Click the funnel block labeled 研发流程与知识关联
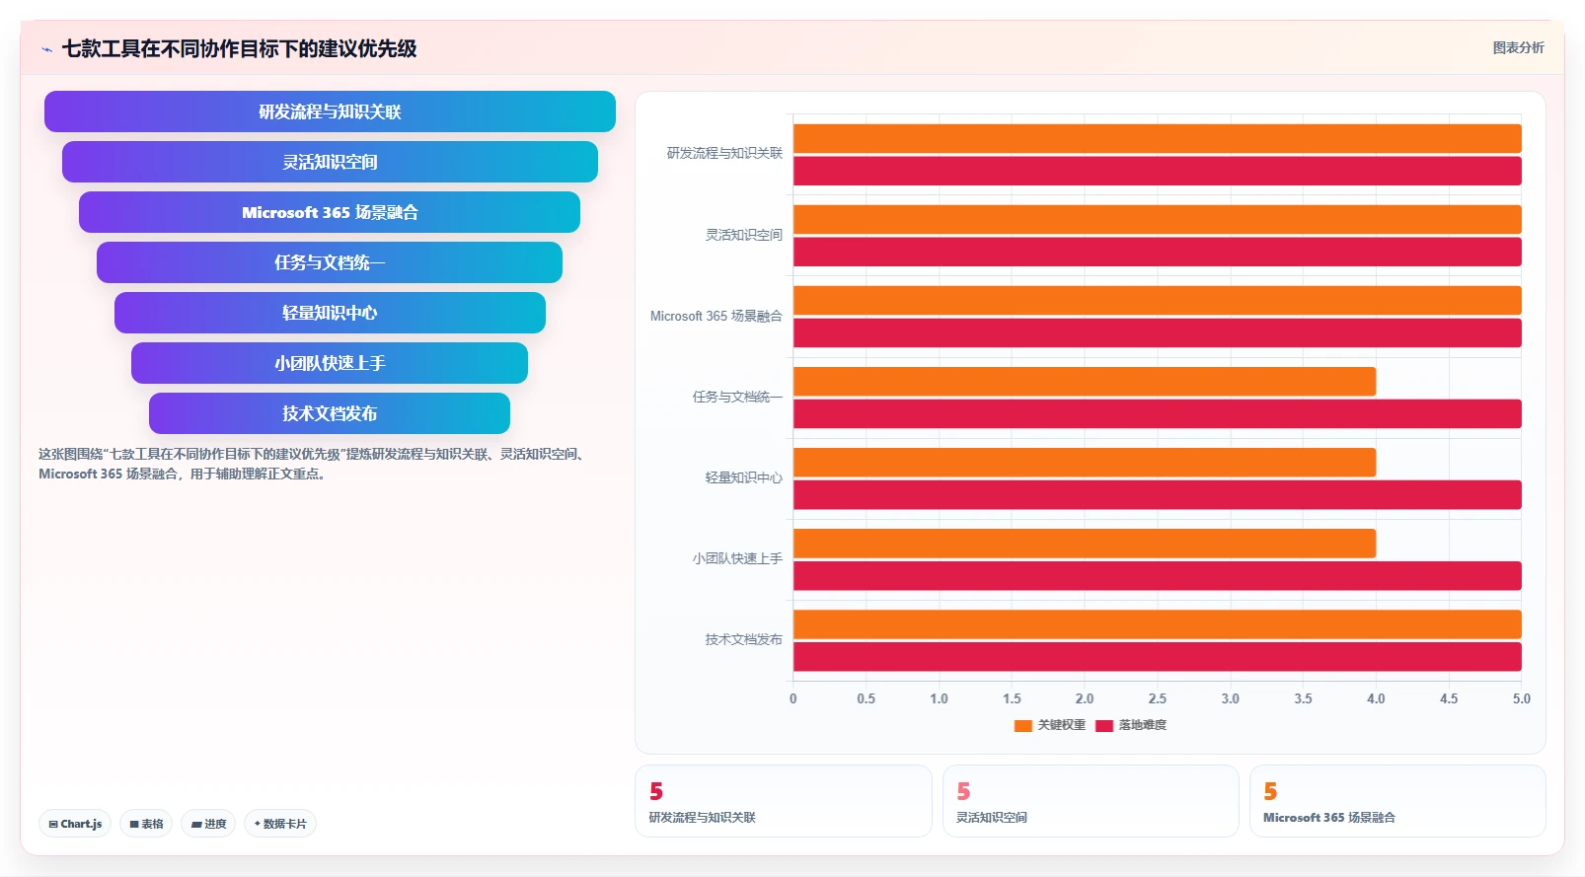point(330,111)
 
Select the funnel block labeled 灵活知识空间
point(330,162)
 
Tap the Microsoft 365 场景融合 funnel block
point(330,212)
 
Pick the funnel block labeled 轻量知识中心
point(330,313)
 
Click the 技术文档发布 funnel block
point(330,413)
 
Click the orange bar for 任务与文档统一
point(1085,381)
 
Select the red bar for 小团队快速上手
point(1158,576)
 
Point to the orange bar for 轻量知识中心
point(1085,463)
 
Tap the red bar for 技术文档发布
point(1158,657)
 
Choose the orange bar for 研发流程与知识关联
point(1158,139)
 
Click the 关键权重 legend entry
point(1050,725)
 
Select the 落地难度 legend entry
point(1131,725)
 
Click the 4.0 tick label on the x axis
point(1376,698)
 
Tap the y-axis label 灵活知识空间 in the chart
point(744,235)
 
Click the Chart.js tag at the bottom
point(75,824)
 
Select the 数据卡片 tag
point(280,824)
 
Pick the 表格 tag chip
point(146,824)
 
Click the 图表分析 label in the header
point(1519,47)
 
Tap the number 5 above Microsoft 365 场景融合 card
point(1270,791)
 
